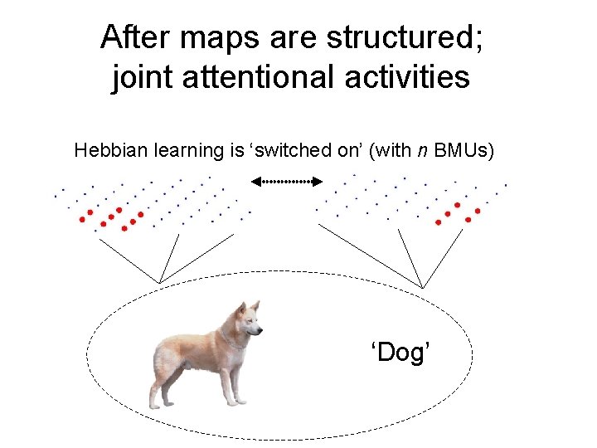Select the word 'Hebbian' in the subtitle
(x=104, y=150)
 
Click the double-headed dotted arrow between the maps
(x=286, y=180)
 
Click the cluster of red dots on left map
(x=112, y=217)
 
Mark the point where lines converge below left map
(x=159, y=282)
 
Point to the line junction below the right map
(x=422, y=288)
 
